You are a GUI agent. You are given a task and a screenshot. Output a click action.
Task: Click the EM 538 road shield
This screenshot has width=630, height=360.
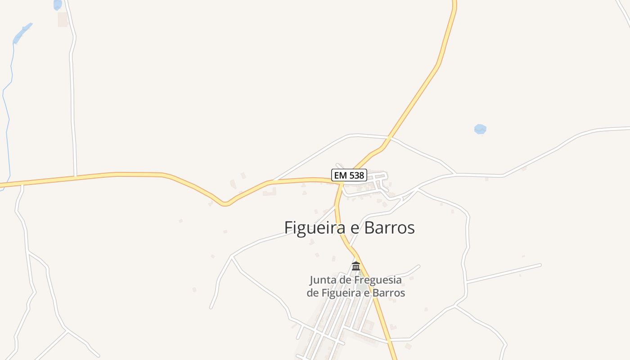pos(349,175)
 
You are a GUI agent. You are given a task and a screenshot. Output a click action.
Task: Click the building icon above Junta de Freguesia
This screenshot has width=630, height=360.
pos(356,266)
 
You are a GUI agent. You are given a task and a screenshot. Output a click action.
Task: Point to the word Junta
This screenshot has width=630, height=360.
pos(323,280)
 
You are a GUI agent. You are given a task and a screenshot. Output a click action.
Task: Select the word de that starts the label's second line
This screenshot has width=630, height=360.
pos(312,292)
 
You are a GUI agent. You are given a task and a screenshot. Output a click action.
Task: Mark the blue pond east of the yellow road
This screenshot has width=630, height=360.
pos(480,129)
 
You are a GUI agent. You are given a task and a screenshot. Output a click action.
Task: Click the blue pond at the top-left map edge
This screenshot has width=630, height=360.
pos(58,4)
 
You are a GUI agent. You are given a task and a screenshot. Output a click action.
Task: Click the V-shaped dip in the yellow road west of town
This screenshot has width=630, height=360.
pos(225,204)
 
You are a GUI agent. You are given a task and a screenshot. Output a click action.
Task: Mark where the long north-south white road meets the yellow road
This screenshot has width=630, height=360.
pos(75,176)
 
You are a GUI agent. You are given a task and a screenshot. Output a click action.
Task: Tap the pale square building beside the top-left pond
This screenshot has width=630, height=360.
pos(63,19)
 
